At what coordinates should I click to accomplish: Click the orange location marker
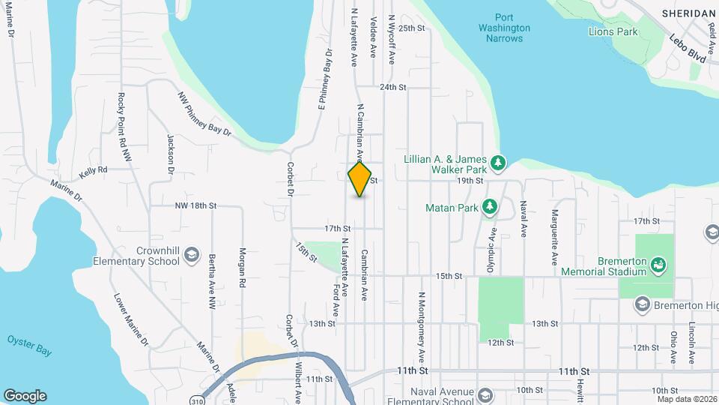pos(359,180)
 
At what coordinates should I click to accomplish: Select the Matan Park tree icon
pos(489,205)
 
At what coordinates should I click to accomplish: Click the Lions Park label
pos(613,32)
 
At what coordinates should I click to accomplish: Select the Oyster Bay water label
pos(28,340)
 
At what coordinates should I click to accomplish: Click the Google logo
pos(25,396)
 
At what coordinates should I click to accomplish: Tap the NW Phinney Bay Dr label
pos(204,115)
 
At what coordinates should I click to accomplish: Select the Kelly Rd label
pos(94,170)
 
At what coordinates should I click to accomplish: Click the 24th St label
pos(392,87)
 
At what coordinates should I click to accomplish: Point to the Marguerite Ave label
pos(555,235)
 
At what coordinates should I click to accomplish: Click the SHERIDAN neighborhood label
pos(688,13)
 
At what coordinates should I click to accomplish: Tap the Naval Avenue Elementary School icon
pos(485,394)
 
